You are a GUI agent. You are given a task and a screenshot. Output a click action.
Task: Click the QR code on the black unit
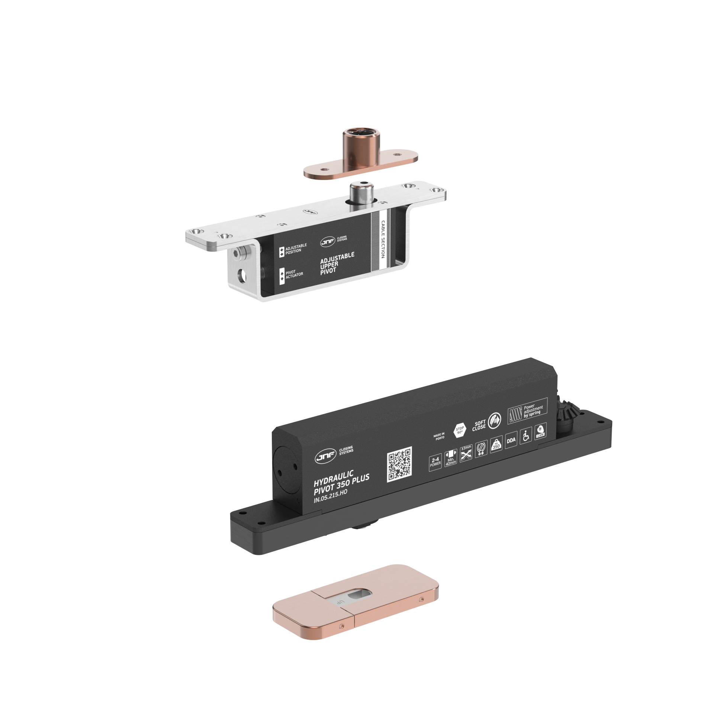coord(399,464)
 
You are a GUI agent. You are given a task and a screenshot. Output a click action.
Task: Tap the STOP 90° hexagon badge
coord(460,430)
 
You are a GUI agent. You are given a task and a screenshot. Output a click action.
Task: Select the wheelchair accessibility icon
coord(526,436)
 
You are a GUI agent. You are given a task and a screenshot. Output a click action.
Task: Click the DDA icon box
coord(511,440)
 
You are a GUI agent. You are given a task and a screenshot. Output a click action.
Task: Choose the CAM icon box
coord(540,431)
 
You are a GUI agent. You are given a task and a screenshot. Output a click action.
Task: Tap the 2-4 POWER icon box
coord(435,462)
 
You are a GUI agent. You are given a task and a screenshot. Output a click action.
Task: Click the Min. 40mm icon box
coord(451,457)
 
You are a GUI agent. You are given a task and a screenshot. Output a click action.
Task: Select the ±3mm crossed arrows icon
coord(466,453)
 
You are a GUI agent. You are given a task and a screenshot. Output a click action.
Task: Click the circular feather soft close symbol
coord(494,420)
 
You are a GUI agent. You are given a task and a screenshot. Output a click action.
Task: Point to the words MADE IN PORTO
coord(439,436)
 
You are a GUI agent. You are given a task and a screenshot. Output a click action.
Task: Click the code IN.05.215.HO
coord(330,496)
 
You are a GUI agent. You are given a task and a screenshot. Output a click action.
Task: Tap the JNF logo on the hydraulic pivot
coord(325,456)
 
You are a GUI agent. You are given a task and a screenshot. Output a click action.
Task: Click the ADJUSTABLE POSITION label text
coord(296,248)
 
